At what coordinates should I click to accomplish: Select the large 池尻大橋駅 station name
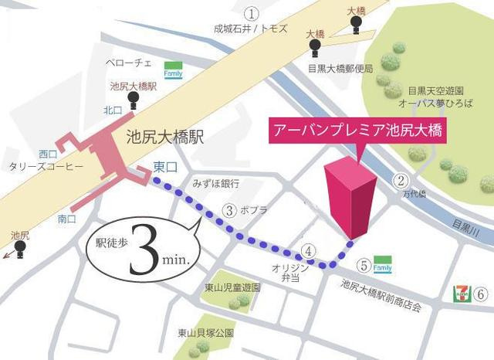165,138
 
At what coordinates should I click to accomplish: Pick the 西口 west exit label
49,153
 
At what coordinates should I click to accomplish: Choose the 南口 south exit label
67,219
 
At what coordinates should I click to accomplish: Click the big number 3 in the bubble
144,250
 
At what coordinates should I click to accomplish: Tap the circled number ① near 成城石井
251,12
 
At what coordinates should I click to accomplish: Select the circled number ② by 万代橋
401,182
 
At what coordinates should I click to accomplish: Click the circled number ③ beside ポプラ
229,209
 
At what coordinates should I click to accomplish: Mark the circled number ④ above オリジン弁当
308,250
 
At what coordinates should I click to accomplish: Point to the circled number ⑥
480,294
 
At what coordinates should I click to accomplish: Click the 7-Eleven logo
460,294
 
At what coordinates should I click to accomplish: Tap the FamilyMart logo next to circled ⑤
382,263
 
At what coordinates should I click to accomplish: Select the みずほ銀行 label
215,184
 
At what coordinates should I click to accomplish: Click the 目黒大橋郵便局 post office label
340,67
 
